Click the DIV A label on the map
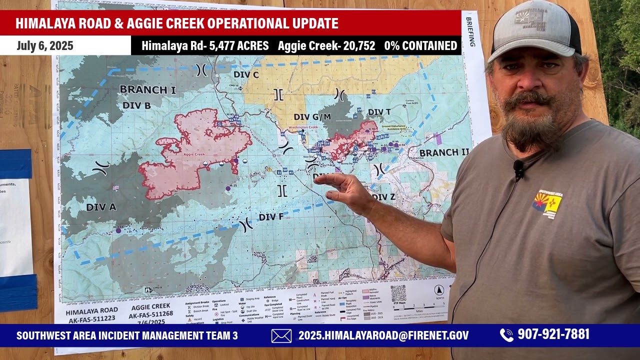point(101,207)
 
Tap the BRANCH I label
point(147,90)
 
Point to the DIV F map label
point(271,217)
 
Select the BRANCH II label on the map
point(444,152)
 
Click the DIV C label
point(246,75)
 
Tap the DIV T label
point(379,112)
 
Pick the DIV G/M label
point(312,117)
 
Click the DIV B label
point(136,105)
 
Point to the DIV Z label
point(383,197)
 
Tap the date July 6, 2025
point(45,46)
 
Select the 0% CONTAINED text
point(420,46)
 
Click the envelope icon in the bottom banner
point(281,335)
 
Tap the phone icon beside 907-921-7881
point(506,335)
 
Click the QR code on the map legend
point(398,293)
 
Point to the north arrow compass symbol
point(438,290)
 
